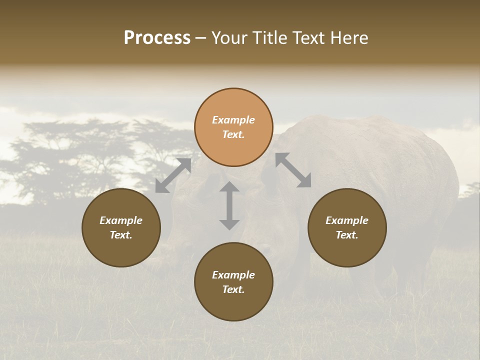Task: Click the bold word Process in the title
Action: [x=157, y=38]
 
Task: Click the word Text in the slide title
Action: [x=313, y=38]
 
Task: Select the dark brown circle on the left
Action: [x=121, y=227]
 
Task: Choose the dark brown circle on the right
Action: [x=347, y=227]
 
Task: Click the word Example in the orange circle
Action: [x=233, y=120]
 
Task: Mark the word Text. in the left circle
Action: [x=121, y=235]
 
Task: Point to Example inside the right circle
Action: [x=347, y=220]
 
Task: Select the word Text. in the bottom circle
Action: [x=233, y=289]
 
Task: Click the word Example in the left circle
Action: [x=121, y=220]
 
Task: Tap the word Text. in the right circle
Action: [x=347, y=235]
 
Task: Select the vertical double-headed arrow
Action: [x=229, y=205]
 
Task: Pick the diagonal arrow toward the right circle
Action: [x=293, y=170]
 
